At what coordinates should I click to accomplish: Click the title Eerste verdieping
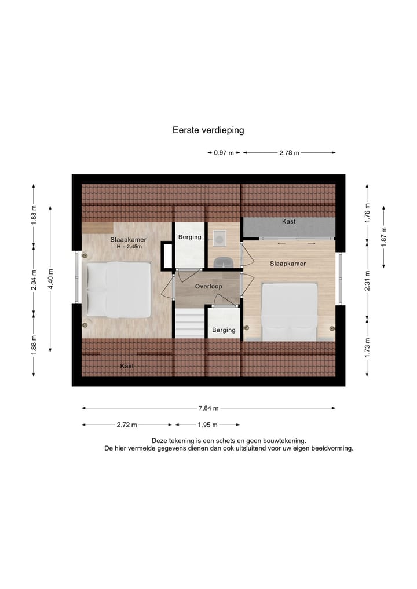[x=208, y=130]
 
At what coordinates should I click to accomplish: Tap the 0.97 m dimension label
[x=224, y=153]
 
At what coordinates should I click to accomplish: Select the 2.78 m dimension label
[x=289, y=153]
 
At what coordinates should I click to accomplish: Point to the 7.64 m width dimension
[x=208, y=408]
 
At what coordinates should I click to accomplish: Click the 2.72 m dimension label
[x=127, y=425]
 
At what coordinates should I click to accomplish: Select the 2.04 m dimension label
[x=34, y=280]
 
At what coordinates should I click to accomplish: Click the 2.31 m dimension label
[x=367, y=279]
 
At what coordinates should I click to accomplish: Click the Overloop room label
[x=207, y=286]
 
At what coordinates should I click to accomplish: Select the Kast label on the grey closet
[x=288, y=222]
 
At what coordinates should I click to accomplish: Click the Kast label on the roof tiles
[x=127, y=366]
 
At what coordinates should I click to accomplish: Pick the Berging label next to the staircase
[x=224, y=330]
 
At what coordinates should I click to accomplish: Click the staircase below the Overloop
[x=189, y=323]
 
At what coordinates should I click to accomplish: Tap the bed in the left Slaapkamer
[x=119, y=289]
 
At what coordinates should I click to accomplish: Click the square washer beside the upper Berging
[x=220, y=237]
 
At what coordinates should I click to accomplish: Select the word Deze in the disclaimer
[x=159, y=441]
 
